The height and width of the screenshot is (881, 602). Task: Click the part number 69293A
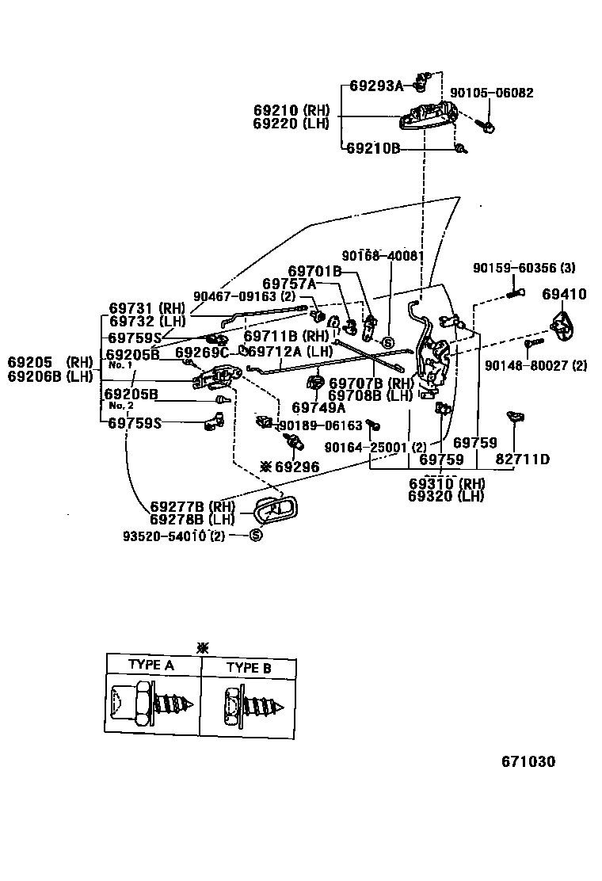[376, 86]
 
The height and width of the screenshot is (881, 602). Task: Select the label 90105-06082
[491, 93]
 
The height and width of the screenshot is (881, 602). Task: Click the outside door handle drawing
[427, 116]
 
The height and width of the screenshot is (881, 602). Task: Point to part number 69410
[564, 295]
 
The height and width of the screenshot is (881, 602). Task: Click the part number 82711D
[523, 459]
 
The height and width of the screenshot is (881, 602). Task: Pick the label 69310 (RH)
[446, 484]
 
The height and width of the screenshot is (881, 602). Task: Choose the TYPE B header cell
[249, 667]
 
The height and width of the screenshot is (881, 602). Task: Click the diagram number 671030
[528, 761]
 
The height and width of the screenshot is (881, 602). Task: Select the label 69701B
[314, 271]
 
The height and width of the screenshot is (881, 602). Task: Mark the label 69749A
[318, 408]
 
